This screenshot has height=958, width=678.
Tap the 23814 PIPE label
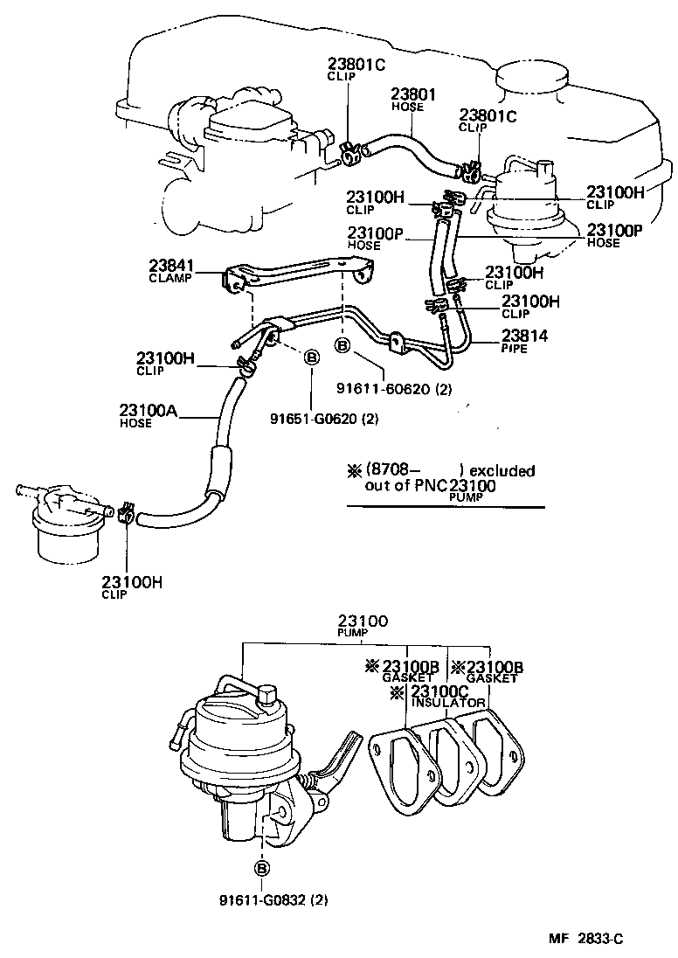[x=523, y=339]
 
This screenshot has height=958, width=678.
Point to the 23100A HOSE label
[x=148, y=414]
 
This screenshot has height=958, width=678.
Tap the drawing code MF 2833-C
[x=586, y=940]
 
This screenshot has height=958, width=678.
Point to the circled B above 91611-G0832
[x=261, y=868]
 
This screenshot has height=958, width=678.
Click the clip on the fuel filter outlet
[x=125, y=513]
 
